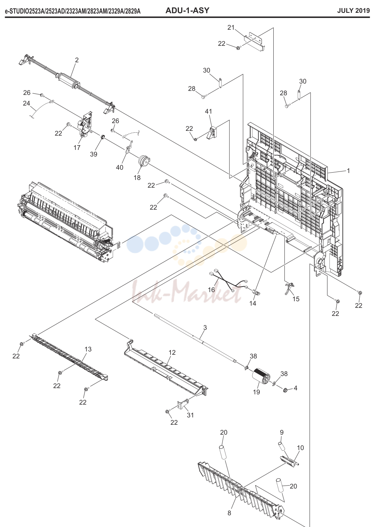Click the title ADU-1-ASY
[187, 11]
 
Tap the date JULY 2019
[353, 11]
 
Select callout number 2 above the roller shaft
[77, 60]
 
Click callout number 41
[209, 111]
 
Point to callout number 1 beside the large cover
[348, 171]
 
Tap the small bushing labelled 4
[285, 391]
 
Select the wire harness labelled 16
[228, 281]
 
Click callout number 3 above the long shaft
[205, 328]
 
